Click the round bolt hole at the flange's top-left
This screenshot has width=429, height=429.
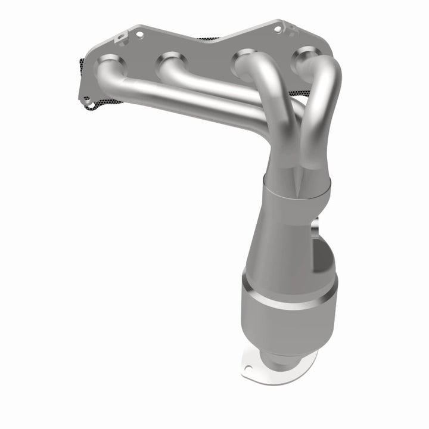(139, 35)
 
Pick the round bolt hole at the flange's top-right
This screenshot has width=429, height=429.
(277, 28)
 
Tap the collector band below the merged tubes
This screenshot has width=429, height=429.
(298, 194)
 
